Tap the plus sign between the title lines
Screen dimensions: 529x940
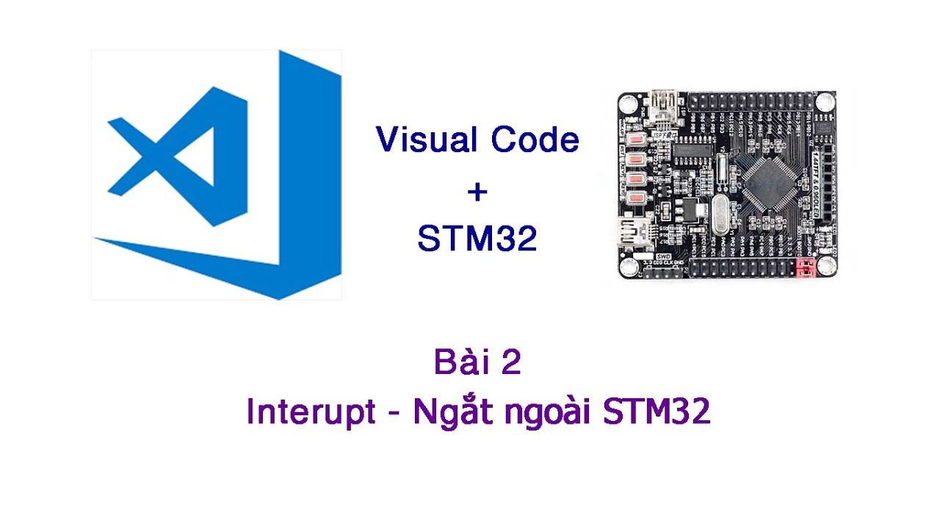pos(477,192)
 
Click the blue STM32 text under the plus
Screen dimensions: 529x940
pos(477,238)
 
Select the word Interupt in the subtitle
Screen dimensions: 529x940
pos(311,413)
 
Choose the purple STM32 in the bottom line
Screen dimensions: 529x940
pos(657,413)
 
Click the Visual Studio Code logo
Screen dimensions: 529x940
pos(217,175)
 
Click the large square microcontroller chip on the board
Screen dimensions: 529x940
pos(768,184)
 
